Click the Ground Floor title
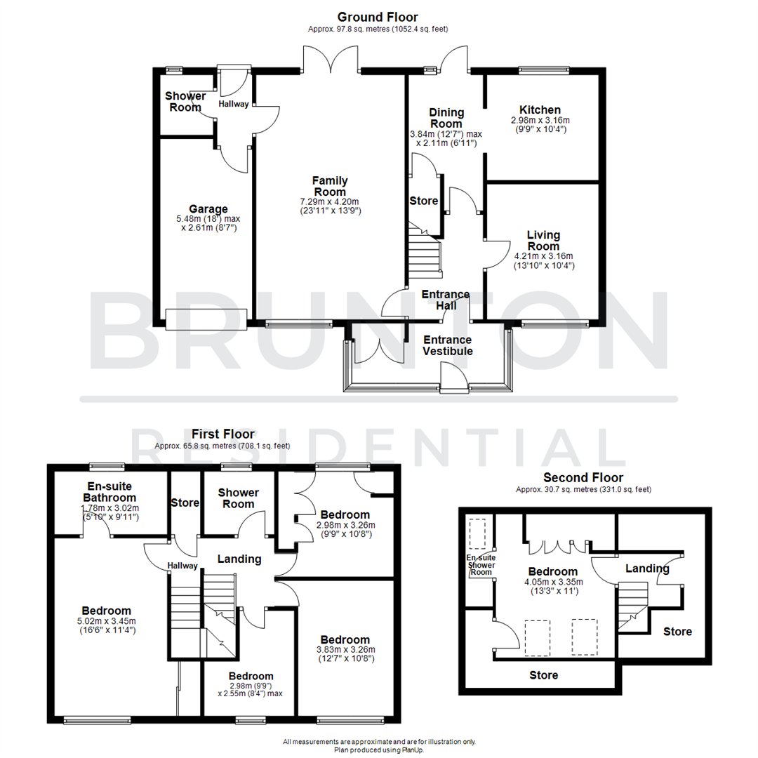pos(378,17)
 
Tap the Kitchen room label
pos(540,110)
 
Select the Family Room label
pos(330,187)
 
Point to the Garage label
pos(208,209)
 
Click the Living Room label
pos(543,240)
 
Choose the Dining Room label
pos(446,118)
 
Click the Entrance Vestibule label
pos(447,345)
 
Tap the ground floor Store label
pos(423,201)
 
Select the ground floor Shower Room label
pos(185,102)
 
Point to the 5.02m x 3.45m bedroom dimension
pos(106,625)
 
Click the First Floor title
pos(222,434)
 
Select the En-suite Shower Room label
pos(480,565)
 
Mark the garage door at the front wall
pos(206,318)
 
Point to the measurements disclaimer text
pos(379,741)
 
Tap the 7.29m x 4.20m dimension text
pos(330,201)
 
